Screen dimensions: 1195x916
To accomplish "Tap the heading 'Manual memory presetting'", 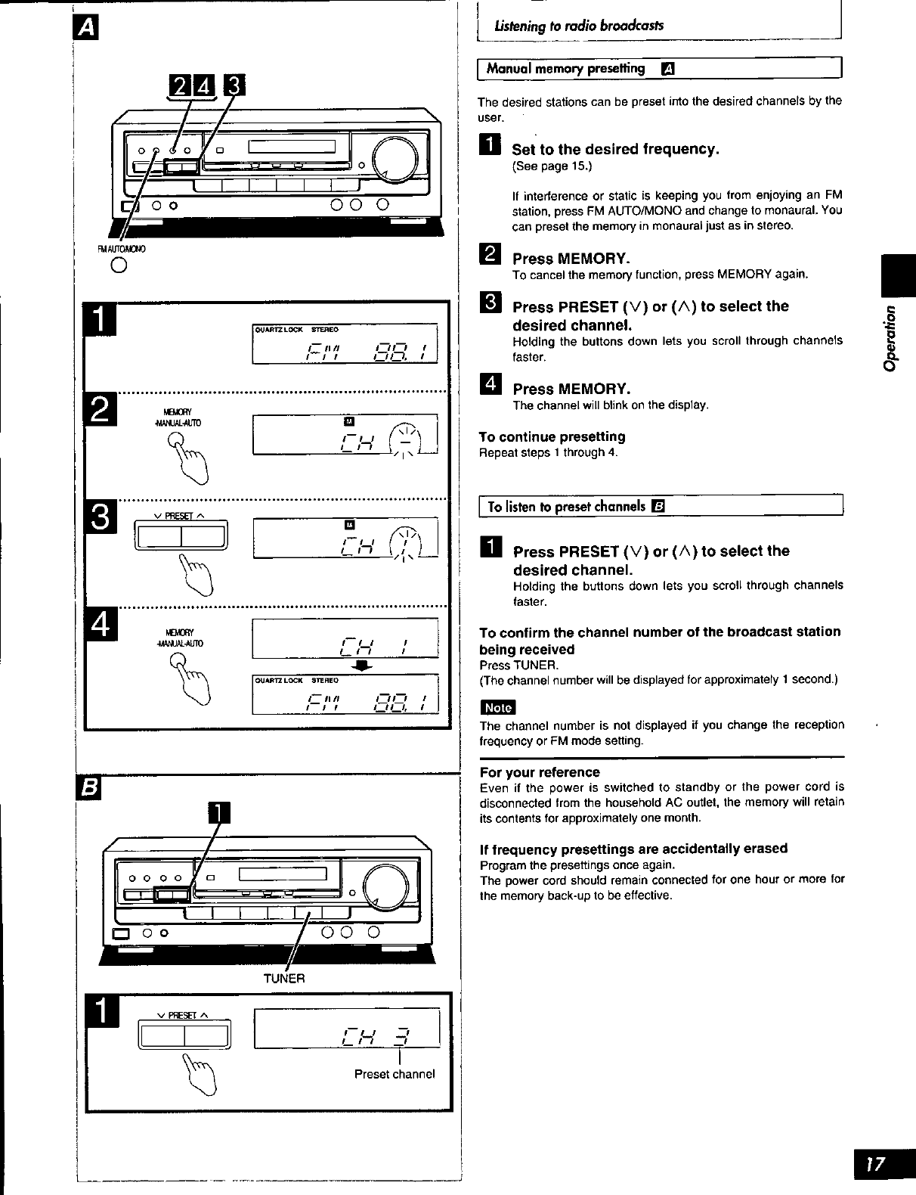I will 566,69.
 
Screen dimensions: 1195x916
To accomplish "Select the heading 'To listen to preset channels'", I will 566,506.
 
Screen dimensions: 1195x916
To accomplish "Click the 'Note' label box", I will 497,707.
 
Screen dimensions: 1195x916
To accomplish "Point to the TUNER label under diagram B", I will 283,978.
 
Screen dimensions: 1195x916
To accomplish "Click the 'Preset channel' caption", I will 395,1074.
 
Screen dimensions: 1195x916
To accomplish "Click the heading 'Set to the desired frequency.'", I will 615,149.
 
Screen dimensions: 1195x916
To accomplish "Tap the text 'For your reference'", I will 540,772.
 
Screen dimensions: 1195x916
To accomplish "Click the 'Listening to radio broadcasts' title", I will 579,26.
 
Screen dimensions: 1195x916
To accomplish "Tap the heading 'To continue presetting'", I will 552,436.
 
